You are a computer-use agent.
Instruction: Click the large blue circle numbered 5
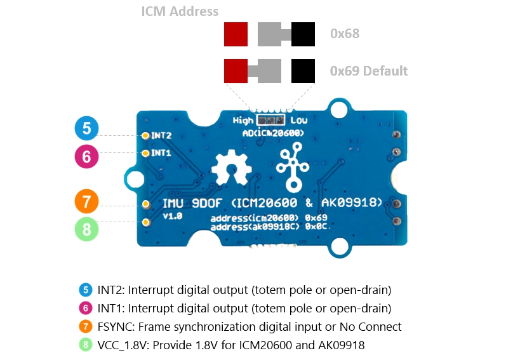[x=87, y=128]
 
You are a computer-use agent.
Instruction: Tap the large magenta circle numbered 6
[x=87, y=156]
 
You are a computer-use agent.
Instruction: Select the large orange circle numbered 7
[x=87, y=201]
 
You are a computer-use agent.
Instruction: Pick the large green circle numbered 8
[x=87, y=229]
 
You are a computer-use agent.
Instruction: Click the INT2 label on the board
[x=161, y=135]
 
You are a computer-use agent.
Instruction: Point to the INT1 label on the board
[x=161, y=153]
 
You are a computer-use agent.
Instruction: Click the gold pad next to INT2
[x=145, y=135]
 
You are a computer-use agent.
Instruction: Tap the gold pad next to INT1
[x=145, y=153]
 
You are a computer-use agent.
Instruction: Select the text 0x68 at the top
[x=345, y=34]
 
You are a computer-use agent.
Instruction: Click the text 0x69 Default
[x=369, y=71]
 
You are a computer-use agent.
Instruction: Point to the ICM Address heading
[x=180, y=11]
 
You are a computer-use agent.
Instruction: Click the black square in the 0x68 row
[x=303, y=34]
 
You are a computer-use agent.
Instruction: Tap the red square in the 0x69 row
[x=236, y=71]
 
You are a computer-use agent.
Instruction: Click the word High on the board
[x=243, y=121]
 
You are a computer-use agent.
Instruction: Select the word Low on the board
[x=299, y=121]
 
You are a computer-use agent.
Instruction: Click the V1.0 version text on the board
[x=173, y=216]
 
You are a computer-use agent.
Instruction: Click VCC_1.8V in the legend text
[x=123, y=345]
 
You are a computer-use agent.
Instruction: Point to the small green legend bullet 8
[x=86, y=345]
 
